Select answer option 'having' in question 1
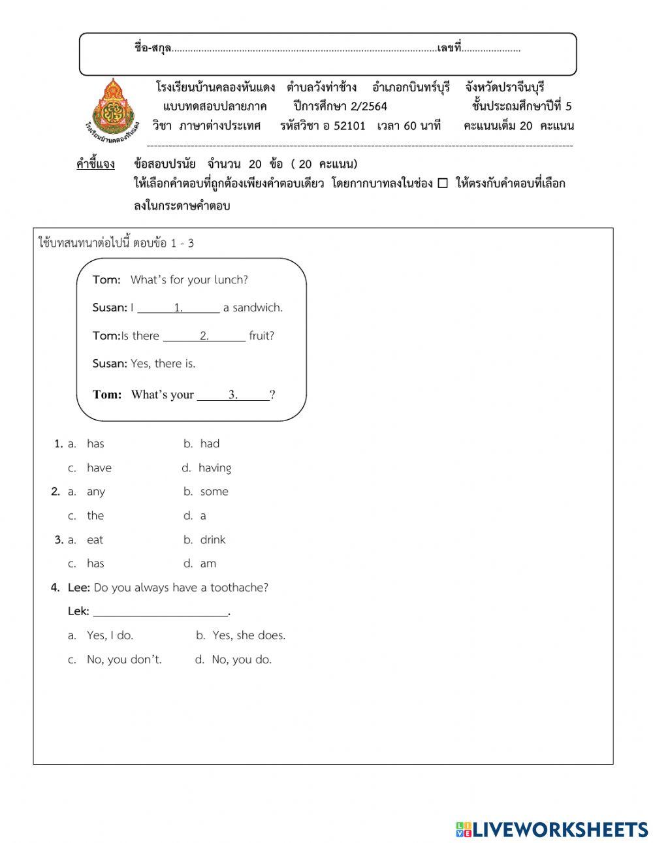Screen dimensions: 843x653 (214, 468)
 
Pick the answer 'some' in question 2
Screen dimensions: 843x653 (214, 492)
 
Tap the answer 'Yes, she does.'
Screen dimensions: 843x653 (249, 635)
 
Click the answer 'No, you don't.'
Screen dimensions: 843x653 (123, 660)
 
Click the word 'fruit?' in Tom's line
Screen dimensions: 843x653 (261, 336)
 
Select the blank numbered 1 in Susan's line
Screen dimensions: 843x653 (178, 308)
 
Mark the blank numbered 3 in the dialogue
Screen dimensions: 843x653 (233, 394)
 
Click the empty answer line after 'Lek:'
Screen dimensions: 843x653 (161, 611)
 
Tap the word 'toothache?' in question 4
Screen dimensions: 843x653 (239, 588)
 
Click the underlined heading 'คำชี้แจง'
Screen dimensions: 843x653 (95, 164)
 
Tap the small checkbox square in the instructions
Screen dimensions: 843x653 (443, 183)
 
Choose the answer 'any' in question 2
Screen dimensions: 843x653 (95, 492)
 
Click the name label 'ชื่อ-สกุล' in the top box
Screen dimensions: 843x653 (153, 48)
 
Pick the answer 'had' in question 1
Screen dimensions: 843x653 (210, 443)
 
